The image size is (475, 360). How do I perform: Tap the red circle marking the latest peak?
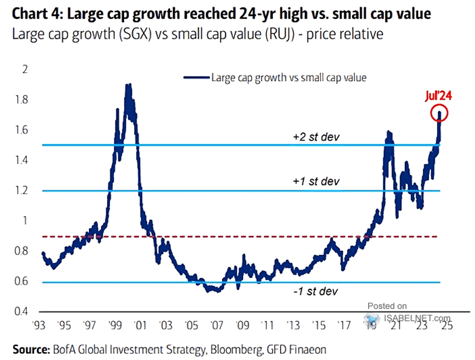[441, 114]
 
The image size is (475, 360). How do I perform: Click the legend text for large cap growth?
[288, 77]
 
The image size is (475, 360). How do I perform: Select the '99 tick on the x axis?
[116, 324]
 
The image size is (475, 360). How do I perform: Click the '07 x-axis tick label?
[216, 324]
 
